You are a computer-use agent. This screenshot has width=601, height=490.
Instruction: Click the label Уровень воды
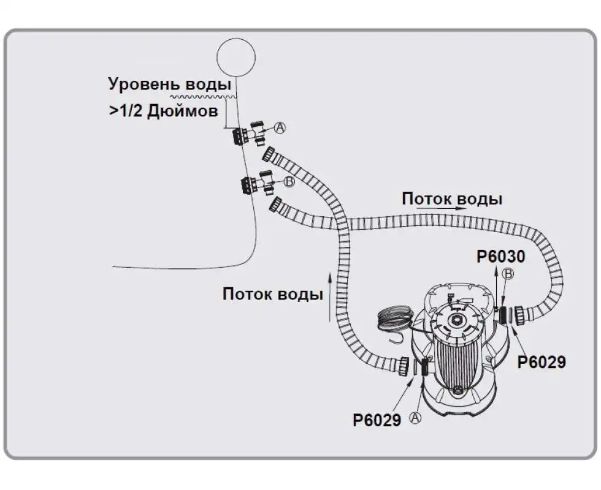coord(170,84)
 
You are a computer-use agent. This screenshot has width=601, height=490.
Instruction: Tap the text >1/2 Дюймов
coord(163,111)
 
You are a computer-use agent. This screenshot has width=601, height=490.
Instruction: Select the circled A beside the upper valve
coord(280,127)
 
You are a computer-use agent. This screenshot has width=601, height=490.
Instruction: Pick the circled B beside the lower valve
coord(289,181)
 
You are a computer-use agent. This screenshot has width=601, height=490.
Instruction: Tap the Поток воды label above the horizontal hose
coord(452,199)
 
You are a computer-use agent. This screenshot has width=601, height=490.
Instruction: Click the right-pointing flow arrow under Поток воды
coord(437,209)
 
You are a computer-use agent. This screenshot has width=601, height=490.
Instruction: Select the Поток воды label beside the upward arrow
coord(272,294)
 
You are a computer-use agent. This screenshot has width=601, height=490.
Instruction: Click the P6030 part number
coord(501,257)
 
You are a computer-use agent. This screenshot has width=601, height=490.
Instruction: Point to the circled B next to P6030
coord(508,274)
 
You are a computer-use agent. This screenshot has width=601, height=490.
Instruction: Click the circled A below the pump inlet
coord(416,418)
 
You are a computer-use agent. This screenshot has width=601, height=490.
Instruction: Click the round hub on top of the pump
coord(456,320)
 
